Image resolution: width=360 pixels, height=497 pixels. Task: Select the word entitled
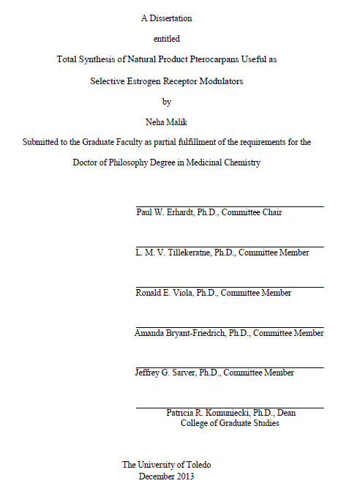click(166, 39)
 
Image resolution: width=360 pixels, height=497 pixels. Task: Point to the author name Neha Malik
click(167, 122)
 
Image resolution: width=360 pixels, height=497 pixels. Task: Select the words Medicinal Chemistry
click(223, 163)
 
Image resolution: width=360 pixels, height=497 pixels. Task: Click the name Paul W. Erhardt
click(162, 212)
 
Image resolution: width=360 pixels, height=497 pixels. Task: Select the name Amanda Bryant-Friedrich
click(180, 333)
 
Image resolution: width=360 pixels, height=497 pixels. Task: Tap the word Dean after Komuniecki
click(285, 413)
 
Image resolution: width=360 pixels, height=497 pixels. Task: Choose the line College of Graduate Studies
click(230, 423)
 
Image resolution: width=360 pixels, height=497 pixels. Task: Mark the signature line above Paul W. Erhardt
click(230, 206)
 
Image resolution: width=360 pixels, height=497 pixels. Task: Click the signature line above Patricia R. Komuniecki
click(230, 408)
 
